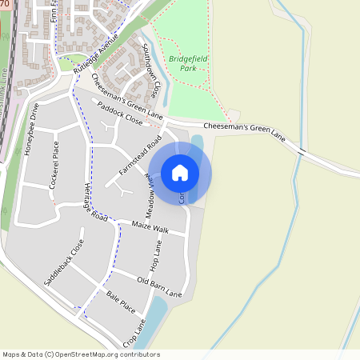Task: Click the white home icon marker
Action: point(180,171)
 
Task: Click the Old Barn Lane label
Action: point(160,286)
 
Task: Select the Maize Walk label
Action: point(150,229)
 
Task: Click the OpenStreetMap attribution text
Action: point(81,354)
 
